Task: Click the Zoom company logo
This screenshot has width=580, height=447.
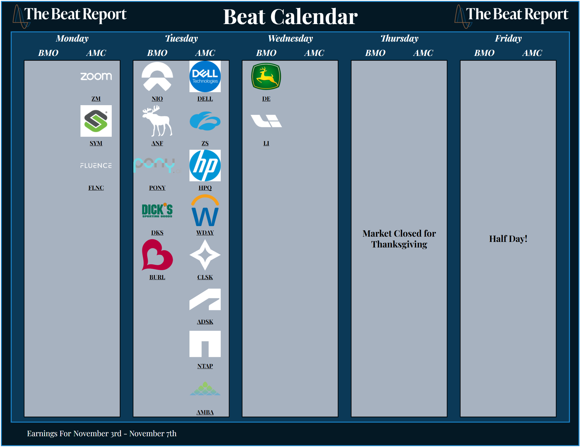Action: [x=96, y=76]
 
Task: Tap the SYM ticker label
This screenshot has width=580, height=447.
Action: [x=96, y=143]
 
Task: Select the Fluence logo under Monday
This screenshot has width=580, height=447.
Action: [x=96, y=166]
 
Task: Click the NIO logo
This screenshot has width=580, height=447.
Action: [x=157, y=76]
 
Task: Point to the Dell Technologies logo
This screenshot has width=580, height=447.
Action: [x=205, y=76]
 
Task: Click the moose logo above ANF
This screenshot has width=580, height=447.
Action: [x=157, y=121]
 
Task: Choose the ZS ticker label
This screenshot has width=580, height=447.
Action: [x=205, y=143]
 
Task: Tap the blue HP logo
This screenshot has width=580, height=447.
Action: [x=205, y=166]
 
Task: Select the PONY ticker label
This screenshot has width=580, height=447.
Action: [x=157, y=188]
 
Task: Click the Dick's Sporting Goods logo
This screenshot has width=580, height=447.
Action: [x=157, y=210]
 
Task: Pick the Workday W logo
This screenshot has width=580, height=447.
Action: [x=205, y=210]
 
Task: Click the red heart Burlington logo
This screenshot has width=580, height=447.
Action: [x=157, y=255]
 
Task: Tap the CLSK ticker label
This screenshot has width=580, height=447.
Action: [x=205, y=277]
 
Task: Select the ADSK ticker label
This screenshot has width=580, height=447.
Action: [x=205, y=322]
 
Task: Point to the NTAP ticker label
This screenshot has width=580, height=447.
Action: [x=205, y=366]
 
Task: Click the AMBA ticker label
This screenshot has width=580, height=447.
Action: [x=205, y=412]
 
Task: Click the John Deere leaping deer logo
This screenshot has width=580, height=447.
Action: [x=266, y=76]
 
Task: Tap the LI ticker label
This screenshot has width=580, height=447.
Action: [x=266, y=143]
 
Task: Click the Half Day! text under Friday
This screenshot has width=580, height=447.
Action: [x=508, y=239]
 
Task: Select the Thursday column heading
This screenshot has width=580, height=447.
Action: [x=399, y=38]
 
